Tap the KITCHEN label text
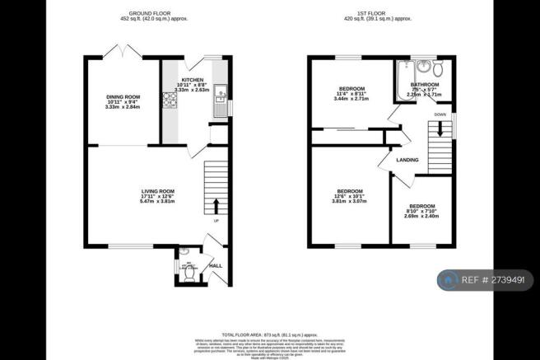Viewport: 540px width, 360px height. click(193, 79)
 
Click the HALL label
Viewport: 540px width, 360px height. click(216, 266)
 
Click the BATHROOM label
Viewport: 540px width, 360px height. click(425, 85)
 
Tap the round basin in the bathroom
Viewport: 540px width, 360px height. click(425, 67)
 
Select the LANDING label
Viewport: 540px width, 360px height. click(407, 160)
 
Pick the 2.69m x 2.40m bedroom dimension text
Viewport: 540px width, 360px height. click(422, 217)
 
